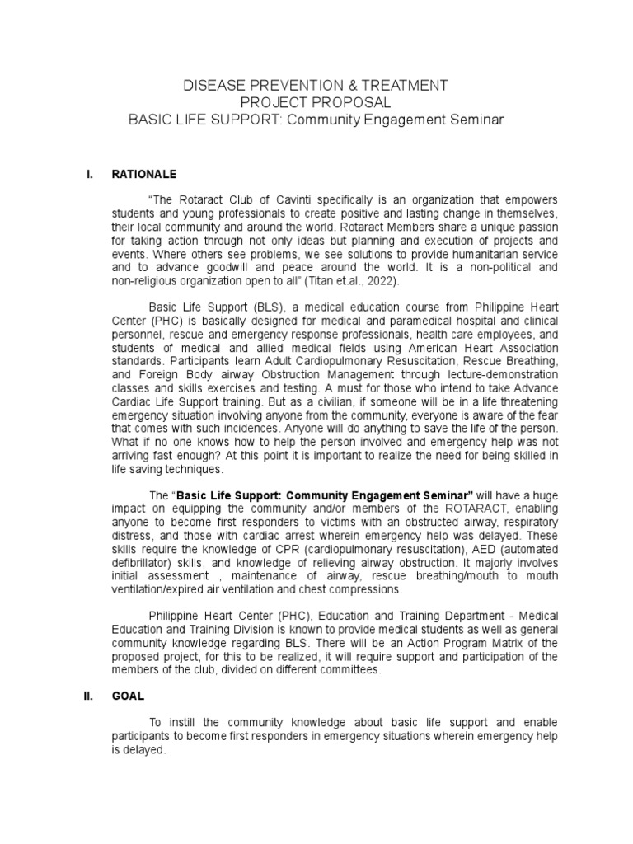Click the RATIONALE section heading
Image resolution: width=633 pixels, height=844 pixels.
(x=144, y=175)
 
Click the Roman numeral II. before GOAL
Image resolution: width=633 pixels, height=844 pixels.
(x=90, y=696)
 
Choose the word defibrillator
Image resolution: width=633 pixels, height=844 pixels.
(x=142, y=562)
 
